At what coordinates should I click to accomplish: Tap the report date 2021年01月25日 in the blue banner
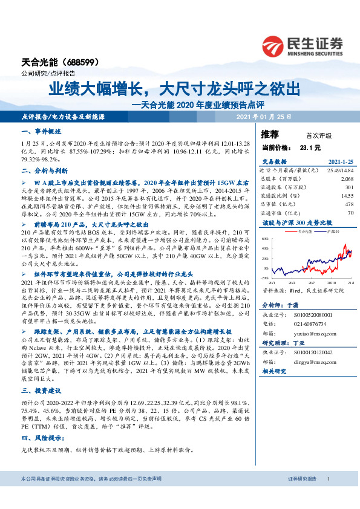click(263, 116)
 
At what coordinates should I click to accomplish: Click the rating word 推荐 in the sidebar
click(270, 133)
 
